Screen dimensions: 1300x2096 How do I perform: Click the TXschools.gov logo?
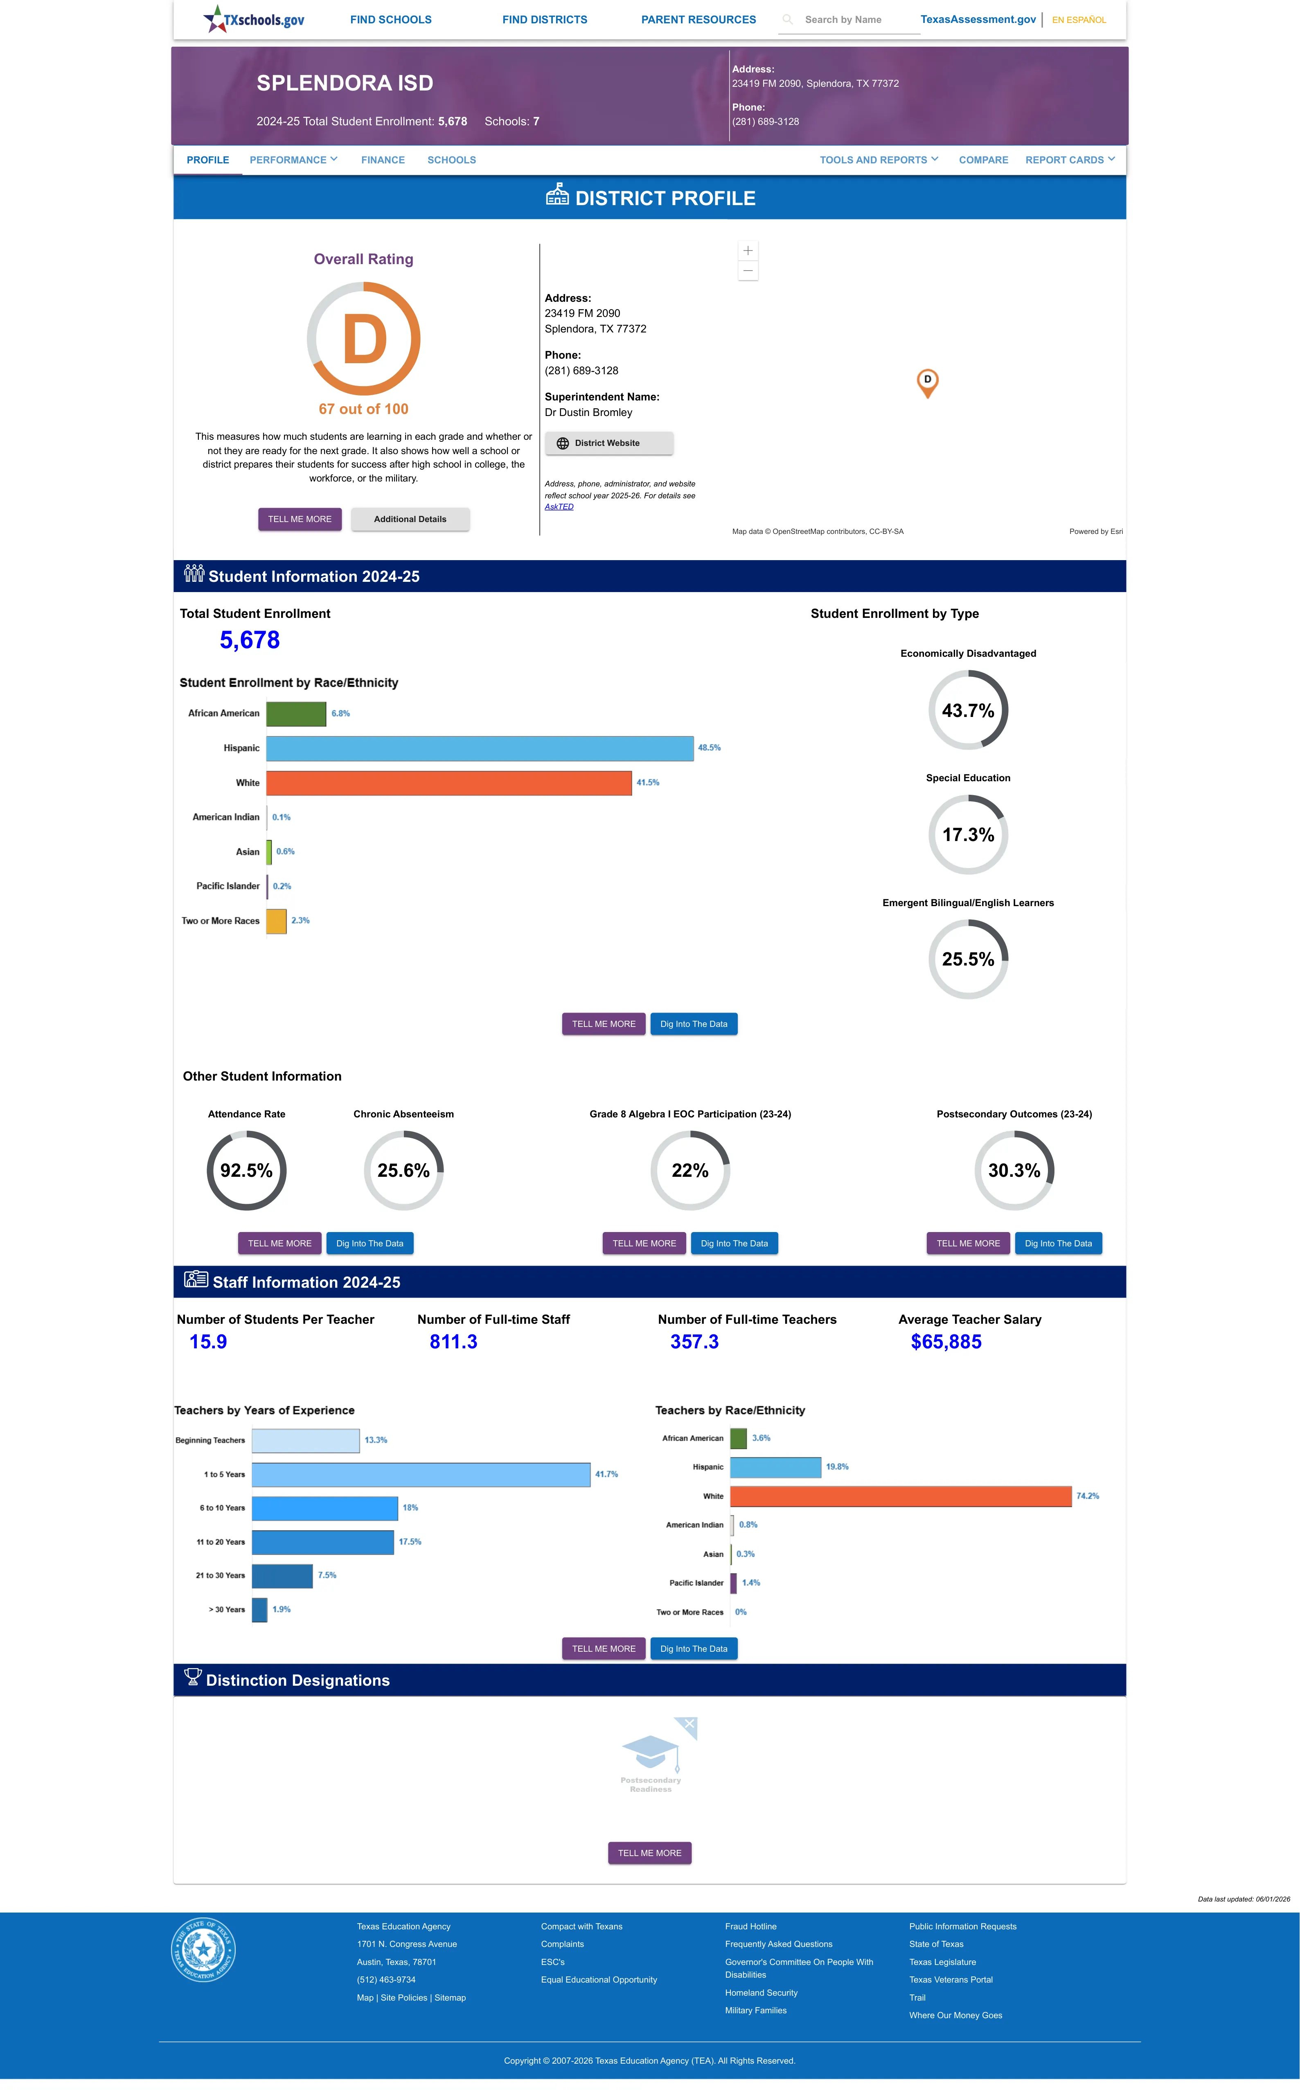[x=254, y=19]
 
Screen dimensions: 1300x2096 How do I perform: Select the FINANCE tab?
[x=383, y=160]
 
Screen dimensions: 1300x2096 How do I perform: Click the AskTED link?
[x=559, y=506]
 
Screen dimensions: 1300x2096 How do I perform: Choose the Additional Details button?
[x=410, y=520]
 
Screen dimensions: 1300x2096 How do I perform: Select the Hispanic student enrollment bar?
[x=480, y=748]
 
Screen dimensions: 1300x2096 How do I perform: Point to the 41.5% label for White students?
[x=647, y=782]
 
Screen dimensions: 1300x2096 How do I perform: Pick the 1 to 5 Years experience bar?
[x=421, y=1474]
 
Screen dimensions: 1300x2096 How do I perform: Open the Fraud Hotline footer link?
[x=750, y=1926]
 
